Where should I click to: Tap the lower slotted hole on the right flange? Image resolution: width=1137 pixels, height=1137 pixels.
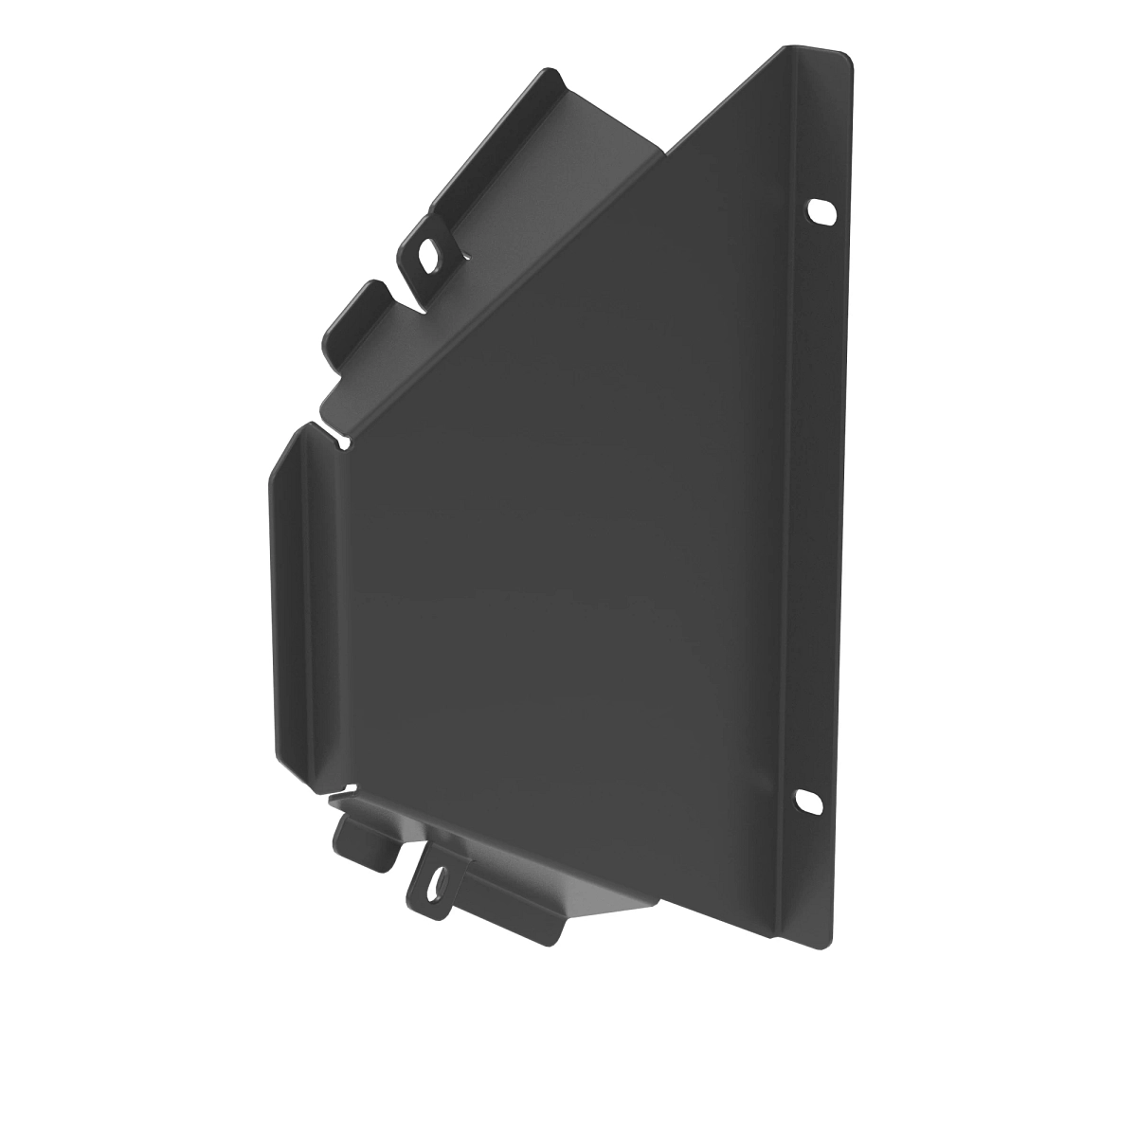tap(808, 801)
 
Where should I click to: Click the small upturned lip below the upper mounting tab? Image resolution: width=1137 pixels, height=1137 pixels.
tap(355, 317)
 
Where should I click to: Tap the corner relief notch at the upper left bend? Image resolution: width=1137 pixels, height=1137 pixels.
tap(341, 439)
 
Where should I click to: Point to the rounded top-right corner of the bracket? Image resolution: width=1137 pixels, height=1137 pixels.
tap(844, 57)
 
